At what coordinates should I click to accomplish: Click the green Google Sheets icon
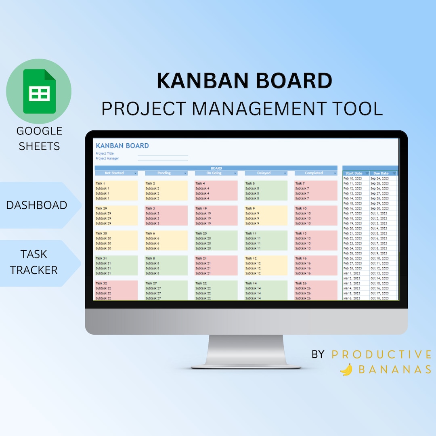coord(39,91)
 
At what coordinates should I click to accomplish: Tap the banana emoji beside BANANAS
coord(346,369)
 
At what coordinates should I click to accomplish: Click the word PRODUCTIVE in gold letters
coord(381,354)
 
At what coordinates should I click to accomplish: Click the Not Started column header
coord(115,173)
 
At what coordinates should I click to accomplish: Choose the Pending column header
coord(164,173)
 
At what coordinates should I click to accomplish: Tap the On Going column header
coord(214,173)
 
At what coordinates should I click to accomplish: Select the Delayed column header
coord(264,173)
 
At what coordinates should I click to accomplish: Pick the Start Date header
coord(354,174)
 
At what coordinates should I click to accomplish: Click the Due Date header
coord(381,174)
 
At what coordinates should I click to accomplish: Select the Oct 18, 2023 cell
coord(379,298)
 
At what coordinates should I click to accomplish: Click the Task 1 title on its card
coord(100,183)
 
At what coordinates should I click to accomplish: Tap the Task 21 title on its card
coord(201,258)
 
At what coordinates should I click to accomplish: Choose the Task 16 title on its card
coord(301,258)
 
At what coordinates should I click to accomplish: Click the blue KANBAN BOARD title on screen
coord(122,146)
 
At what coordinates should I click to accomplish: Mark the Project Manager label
coord(107,159)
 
